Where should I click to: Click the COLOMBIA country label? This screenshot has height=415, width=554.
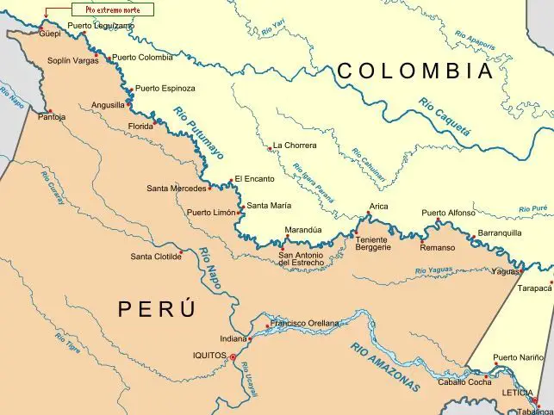(414, 71)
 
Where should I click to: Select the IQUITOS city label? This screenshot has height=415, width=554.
(209, 355)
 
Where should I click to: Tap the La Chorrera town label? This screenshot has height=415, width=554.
(295, 146)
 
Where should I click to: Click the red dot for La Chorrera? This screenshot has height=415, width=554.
(270, 148)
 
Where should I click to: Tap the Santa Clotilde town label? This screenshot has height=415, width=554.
(156, 257)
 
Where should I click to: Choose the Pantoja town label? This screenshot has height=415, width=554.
(51, 117)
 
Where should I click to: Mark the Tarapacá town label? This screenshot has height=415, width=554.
(534, 289)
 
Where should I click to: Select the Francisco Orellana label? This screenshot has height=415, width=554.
(304, 323)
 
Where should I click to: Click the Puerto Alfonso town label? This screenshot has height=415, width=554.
(448, 213)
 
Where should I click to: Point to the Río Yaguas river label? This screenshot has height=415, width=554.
(433, 271)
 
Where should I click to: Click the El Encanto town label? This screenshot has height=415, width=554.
(254, 179)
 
